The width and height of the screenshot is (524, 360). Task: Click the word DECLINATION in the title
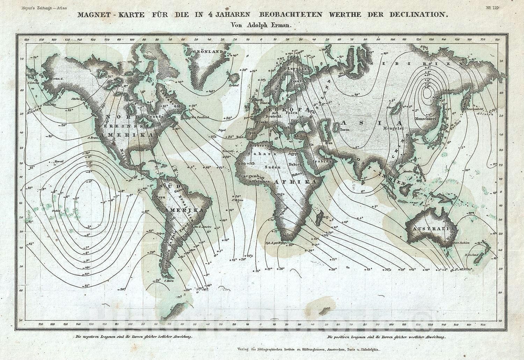point(414,15)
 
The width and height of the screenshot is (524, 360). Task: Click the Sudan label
point(271,167)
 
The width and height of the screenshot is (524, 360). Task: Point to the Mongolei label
point(393,128)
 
